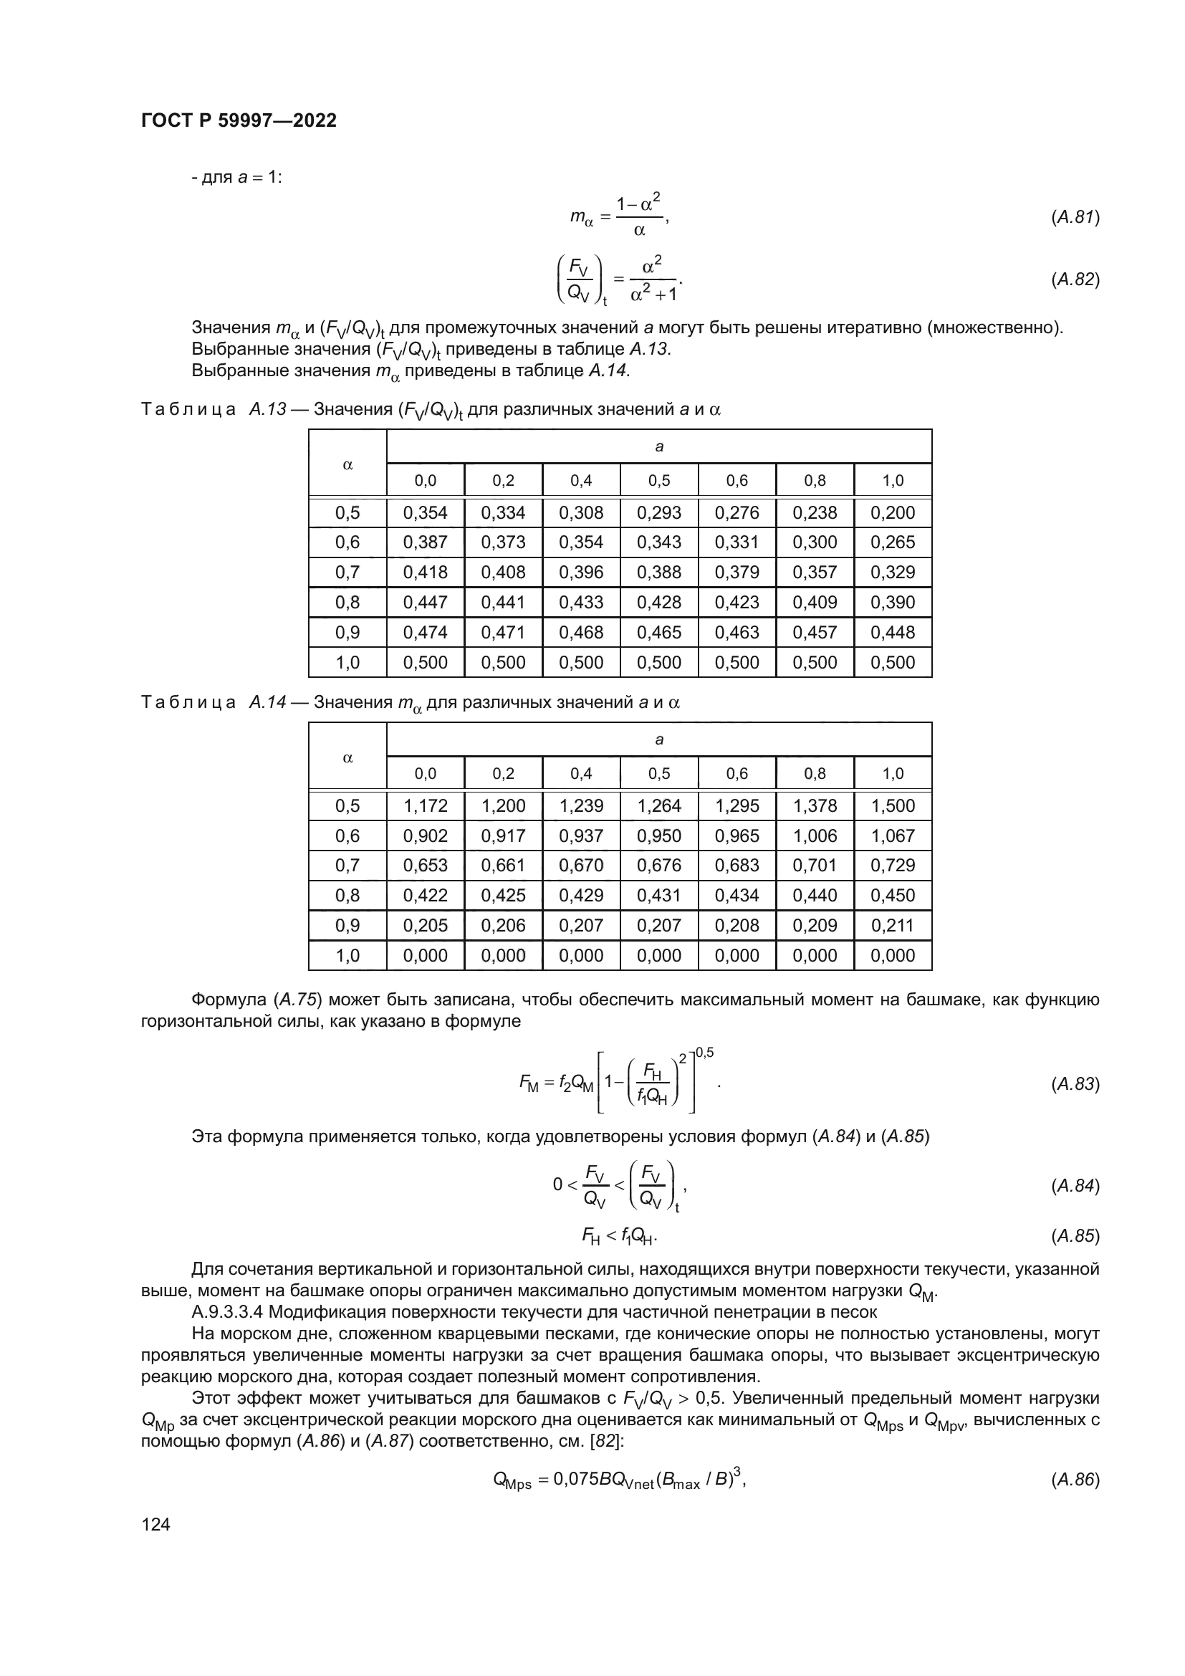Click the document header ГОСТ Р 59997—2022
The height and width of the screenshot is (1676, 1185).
coord(239,120)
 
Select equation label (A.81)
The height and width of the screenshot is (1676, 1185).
coord(1075,217)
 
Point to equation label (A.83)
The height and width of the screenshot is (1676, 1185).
coord(1075,1084)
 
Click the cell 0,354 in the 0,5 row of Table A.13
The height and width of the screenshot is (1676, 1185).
coord(426,512)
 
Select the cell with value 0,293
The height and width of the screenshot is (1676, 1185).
coord(659,512)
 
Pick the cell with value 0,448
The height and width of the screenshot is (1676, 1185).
coord(893,632)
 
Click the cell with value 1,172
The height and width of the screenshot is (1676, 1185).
coord(426,806)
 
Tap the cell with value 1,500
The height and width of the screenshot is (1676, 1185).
coord(893,806)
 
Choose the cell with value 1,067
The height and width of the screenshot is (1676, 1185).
coord(893,835)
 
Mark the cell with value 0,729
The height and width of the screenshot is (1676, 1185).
coord(893,865)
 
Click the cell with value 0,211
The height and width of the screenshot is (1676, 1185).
coord(893,926)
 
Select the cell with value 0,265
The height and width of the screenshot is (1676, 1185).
coord(893,542)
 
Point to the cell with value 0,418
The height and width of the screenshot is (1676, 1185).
coord(426,573)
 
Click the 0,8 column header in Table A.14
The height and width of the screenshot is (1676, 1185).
coord(815,773)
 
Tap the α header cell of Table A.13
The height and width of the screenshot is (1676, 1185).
coord(347,464)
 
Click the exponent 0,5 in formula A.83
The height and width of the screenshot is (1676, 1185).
coord(705,1052)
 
